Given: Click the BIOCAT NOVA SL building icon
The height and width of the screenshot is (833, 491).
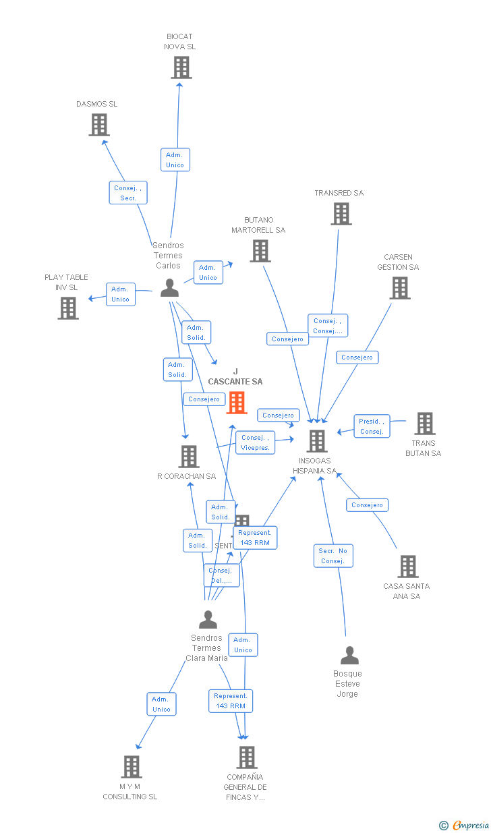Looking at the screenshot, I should pos(181,67).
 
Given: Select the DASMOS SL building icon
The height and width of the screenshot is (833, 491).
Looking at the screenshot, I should pos(99,125).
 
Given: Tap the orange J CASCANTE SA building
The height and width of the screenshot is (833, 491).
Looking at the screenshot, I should pos(236,403).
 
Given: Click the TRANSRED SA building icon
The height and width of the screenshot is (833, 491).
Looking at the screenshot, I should pos(341,214).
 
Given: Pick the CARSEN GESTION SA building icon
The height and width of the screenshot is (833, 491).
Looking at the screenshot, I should pos(400,288).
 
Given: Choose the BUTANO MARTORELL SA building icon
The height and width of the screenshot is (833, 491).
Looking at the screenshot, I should pos(260,251).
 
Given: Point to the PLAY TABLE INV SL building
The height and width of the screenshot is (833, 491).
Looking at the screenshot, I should pos(67,308).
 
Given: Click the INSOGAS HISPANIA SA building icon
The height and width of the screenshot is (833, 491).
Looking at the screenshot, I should pos(316,441).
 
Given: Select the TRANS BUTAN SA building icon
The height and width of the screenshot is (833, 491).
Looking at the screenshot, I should pos(424,424).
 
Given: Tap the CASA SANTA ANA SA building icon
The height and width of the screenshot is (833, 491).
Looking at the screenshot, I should pos(407,567).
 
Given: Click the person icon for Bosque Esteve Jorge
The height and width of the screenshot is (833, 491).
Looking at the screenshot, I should pos(349,656).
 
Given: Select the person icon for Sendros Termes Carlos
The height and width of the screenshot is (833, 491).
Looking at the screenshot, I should pos(169,288).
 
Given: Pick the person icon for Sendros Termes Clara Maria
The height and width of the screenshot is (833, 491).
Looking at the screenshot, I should pos(208,619).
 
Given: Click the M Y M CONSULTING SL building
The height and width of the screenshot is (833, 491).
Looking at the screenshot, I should pos(131,767).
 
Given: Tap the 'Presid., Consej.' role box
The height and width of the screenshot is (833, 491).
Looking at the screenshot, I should pos(372,426).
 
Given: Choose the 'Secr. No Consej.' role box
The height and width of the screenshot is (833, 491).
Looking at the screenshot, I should pos(333,556).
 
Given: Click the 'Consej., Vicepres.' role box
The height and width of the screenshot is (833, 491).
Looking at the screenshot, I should pos(256,442).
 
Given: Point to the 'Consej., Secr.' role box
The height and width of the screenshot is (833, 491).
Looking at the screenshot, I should pos(128,193).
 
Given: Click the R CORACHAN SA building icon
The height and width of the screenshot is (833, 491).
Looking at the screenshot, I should pos(188,457).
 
